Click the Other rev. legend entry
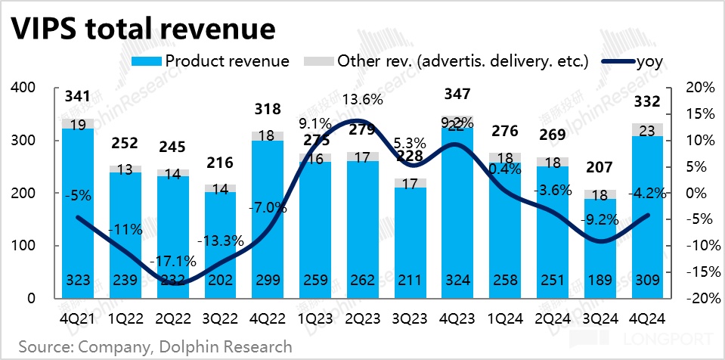pos(451,61)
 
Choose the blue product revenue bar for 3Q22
pos(220,242)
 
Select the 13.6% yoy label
pos(361,99)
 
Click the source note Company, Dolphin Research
pos(155,347)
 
